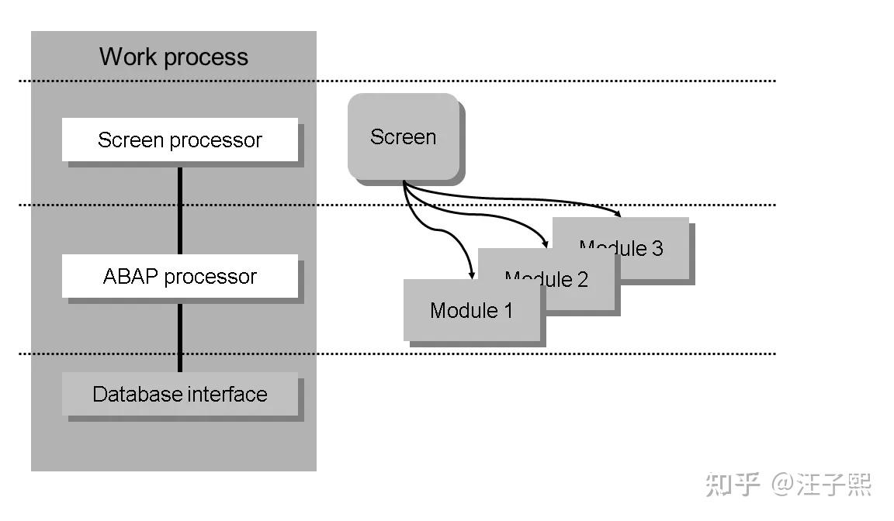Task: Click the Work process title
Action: point(174,57)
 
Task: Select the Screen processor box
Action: point(180,140)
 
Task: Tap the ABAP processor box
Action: point(180,277)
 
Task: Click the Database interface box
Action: point(180,394)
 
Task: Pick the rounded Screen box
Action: point(404,137)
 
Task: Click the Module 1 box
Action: point(471,311)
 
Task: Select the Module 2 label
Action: point(546,280)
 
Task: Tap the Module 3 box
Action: point(621,248)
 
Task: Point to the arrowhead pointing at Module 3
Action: point(619,212)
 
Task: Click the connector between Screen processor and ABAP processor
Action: point(180,209)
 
